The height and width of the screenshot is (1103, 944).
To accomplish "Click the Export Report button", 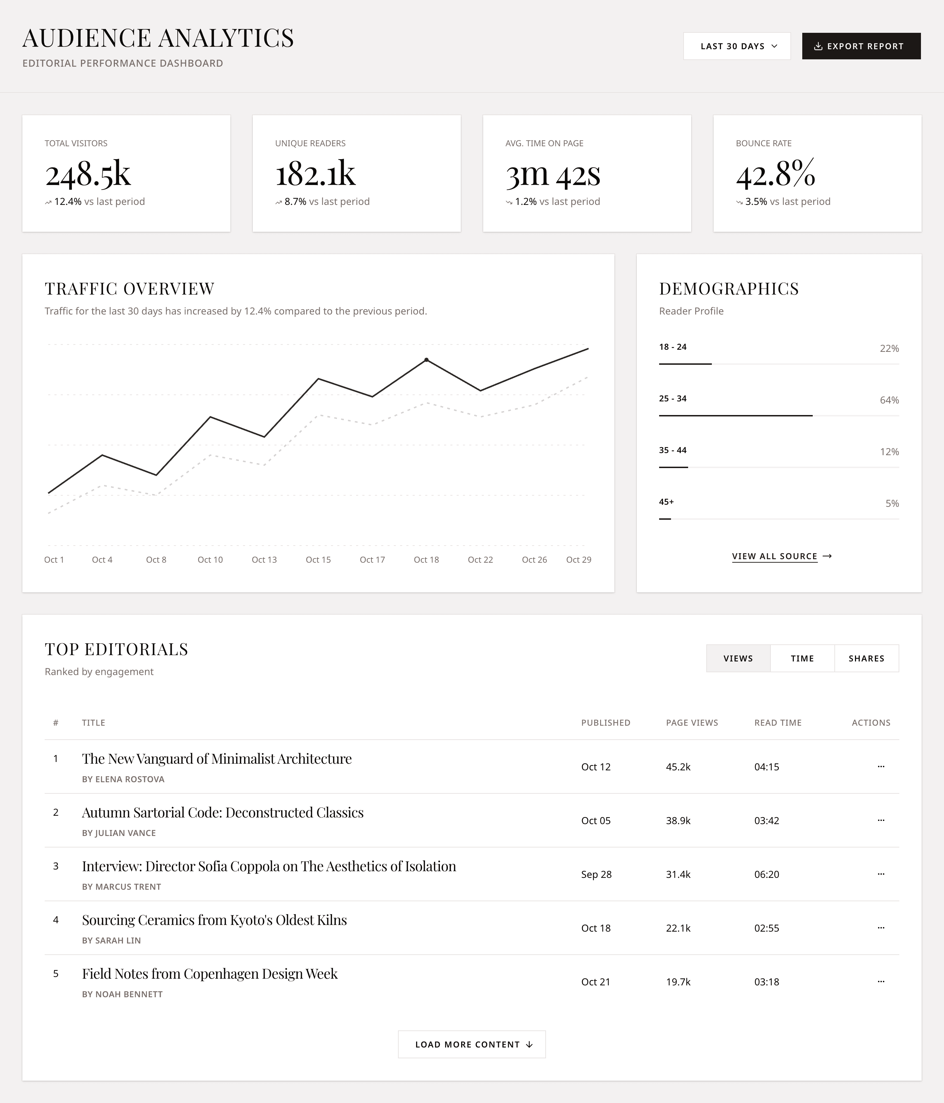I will tap(861, 46).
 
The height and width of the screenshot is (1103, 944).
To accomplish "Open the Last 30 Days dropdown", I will tap(736, 46).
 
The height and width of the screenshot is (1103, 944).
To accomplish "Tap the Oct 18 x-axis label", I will tap(426, 560).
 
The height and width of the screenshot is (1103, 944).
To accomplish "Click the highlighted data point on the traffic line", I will tap(427, 360).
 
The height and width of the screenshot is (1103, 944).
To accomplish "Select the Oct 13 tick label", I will tap(264, 560).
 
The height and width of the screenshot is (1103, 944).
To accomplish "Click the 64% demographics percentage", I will tap(888, 400).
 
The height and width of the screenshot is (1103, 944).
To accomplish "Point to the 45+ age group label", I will tap(666, 502).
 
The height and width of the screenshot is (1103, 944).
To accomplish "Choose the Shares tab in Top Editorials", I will tap(866, 659).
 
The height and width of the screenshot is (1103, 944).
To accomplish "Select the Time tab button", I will tap(802, 659).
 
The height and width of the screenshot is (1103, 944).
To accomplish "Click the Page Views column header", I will tap(692, 723).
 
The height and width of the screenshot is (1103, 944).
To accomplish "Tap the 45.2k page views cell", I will tap(678, 767).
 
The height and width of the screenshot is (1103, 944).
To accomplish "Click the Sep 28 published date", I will tap(596, 874).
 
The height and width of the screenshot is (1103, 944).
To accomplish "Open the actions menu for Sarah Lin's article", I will tap(881, 928).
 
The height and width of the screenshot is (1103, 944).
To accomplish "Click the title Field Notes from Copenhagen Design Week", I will tap(210, 974).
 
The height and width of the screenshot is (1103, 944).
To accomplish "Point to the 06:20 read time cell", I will tap(766, 874).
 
